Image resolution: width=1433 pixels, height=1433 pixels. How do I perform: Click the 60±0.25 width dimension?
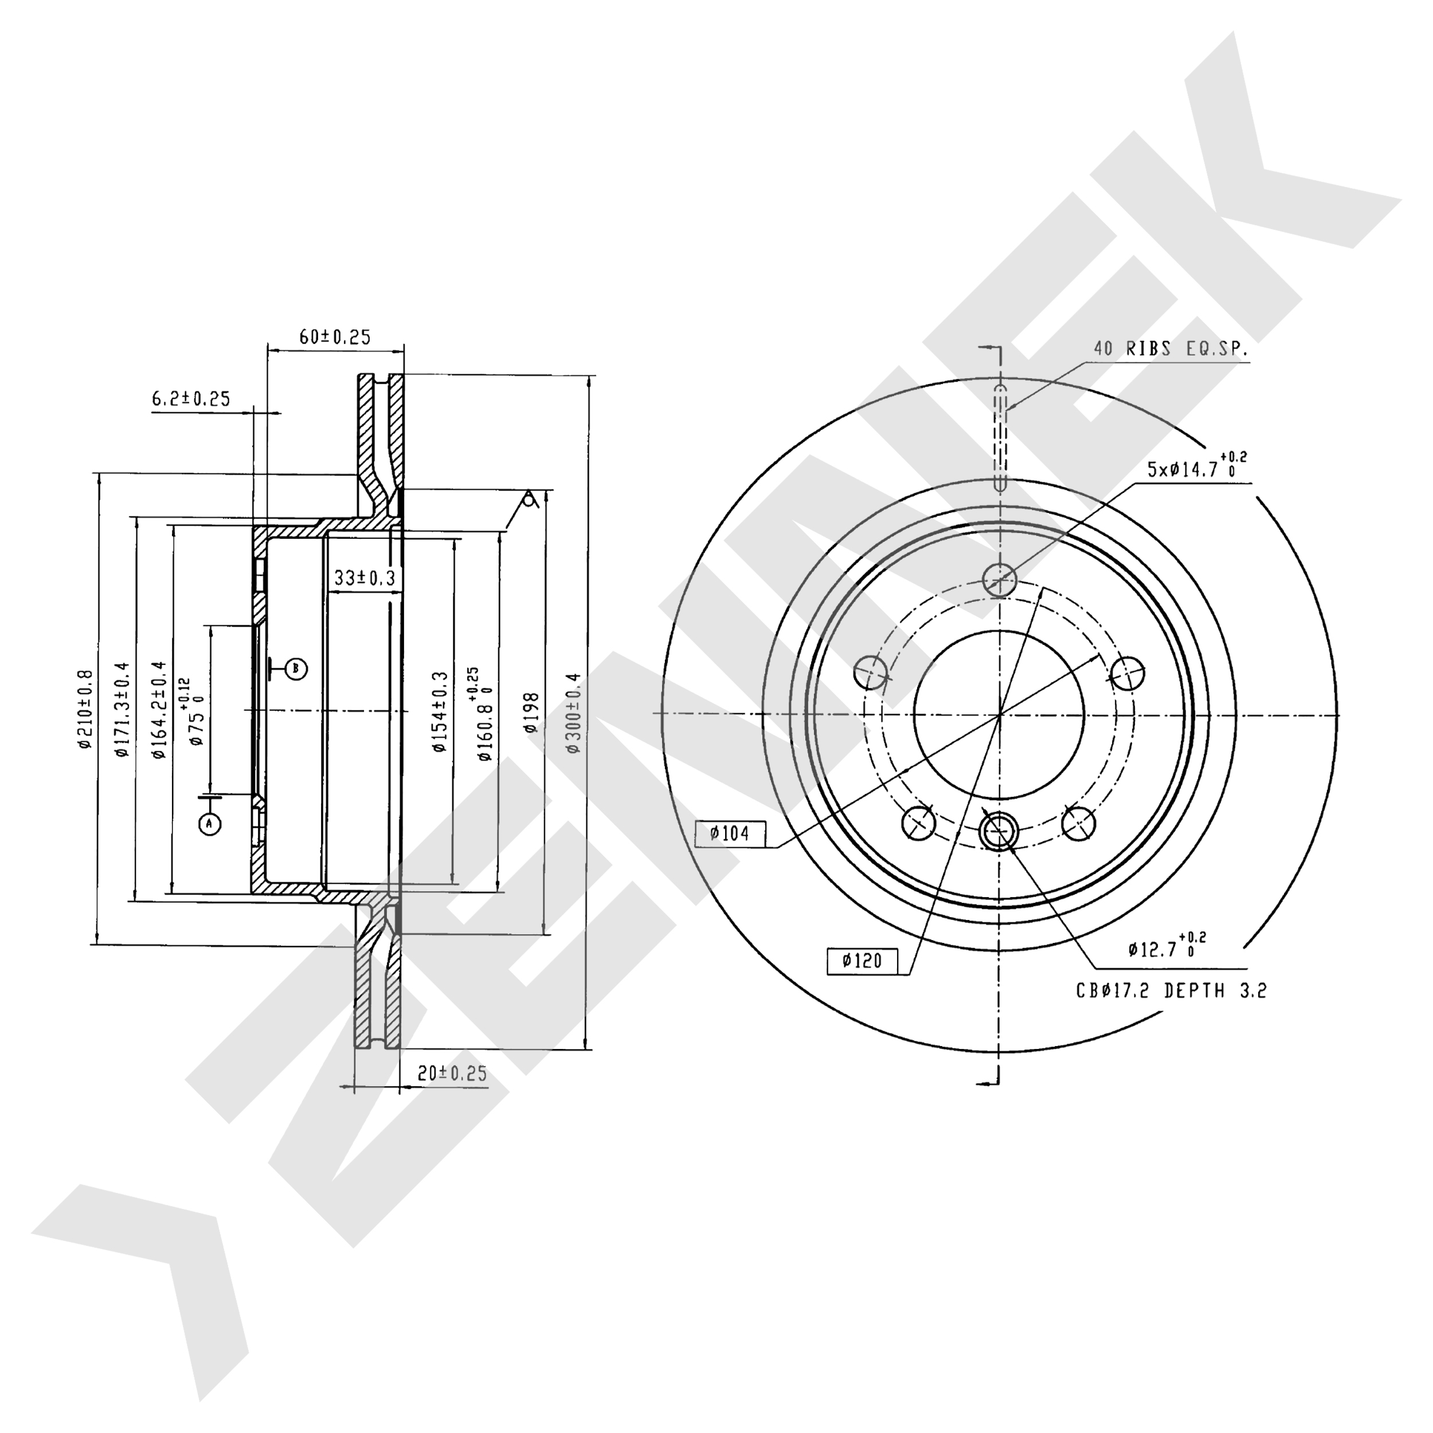coord(335,336)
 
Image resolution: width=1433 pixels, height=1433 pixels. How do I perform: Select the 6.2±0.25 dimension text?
coord(191,399)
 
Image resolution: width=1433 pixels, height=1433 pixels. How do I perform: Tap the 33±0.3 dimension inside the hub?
coord(364,577)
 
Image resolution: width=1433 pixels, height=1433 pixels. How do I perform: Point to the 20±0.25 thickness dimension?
coord(452,1073)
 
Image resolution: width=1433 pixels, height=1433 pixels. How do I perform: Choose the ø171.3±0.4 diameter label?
coord(122,709)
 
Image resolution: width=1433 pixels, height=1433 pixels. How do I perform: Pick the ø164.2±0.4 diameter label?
coord(158,709)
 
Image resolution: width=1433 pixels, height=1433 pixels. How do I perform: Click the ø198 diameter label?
coord(530,712)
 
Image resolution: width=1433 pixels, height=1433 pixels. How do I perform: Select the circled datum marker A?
coord(210,823)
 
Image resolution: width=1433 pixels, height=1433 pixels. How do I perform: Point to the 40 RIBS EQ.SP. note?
coord(1170,349)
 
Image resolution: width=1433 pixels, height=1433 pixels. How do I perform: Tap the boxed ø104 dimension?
coord(730,833)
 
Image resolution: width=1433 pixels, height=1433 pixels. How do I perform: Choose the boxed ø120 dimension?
coord(862,961)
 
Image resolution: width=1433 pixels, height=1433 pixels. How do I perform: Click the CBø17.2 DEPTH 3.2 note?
coord(1171,990)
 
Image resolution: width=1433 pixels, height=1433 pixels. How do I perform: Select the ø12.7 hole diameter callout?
coord(1165,949)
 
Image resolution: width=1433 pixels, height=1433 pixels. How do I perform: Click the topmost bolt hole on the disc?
coord(999,578)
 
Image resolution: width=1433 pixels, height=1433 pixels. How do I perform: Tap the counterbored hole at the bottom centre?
coord(999,830)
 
